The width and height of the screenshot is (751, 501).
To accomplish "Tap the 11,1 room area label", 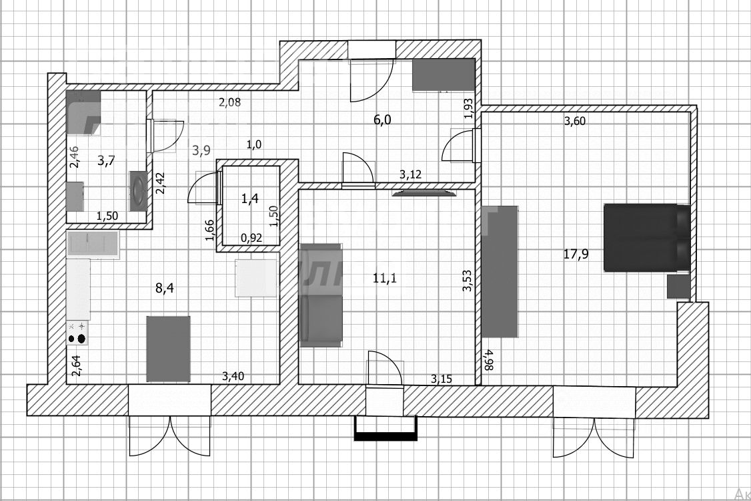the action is coord(384,279).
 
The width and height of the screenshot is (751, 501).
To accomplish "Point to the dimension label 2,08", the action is coord(229,102).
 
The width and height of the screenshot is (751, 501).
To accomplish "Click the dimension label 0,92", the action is coord(250,236).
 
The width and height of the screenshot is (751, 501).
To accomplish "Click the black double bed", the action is coord(646,238).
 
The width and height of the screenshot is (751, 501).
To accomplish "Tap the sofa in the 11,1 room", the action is coord(320,295).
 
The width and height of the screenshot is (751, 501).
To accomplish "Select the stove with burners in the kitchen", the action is coord(77,333).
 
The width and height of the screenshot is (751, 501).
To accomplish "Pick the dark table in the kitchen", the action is coord(168,349).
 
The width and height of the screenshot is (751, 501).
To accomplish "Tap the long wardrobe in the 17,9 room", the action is coord(500,271).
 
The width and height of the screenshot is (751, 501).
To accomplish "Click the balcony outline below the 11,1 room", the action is coord(386,428).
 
